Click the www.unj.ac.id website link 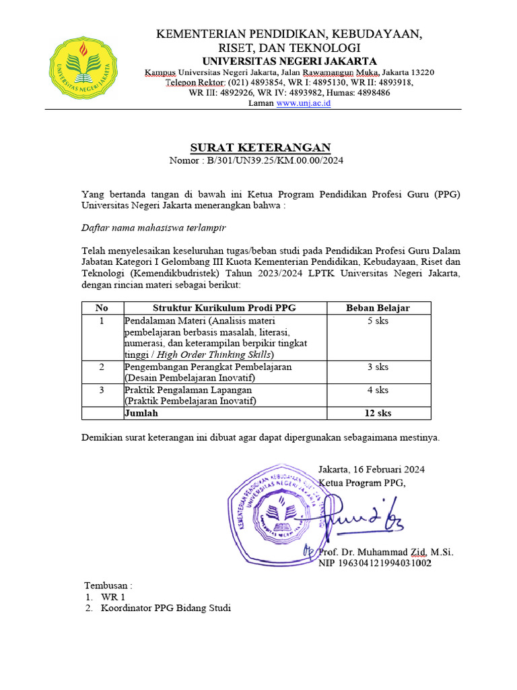pyautogui.click(x=304, y=103)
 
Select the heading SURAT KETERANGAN pyautogui.click(x=259, y=148)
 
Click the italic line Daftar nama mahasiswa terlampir pyautogui.click(x=153, y=228)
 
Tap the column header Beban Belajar pyautogui.click(x=378, y=308)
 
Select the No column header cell pyautogui.click(x=102, y=308)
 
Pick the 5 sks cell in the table pyautogui.click(x=378, y=321)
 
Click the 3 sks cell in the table pyautogui.click(x=378, y=367)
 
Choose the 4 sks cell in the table pyautogui.click(x=378, y=390)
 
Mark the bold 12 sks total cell pyautogui.click(x=378, y=413)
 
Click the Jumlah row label pyautogui.click(x=141, y=413)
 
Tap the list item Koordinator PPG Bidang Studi pyautogui.click(x=166, y=608)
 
